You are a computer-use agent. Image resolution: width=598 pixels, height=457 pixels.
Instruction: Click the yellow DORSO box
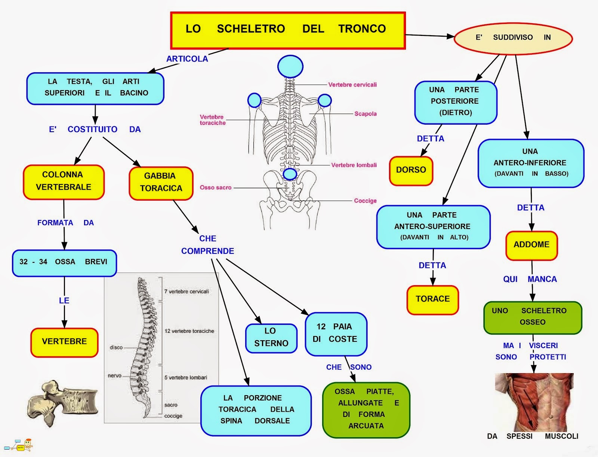[411, 171]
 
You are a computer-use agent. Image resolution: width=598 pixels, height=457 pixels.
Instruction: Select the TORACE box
[432, 299]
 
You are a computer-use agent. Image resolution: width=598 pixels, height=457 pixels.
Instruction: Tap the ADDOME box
[531, 245]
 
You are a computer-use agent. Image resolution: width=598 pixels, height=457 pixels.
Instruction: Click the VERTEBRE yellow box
[64, 342]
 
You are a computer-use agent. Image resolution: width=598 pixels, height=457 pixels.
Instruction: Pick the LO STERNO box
[271, 338]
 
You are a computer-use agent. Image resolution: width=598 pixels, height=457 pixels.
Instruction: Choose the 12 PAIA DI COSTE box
[336, 333]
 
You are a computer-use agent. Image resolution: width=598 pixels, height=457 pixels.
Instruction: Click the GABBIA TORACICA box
[161, 183]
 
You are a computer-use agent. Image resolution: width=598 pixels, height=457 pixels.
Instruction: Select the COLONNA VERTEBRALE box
[64, 182]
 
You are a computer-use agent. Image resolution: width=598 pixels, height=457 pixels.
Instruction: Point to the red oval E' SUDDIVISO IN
[513, 38]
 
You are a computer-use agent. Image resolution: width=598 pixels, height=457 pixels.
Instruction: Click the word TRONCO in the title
[362, 29]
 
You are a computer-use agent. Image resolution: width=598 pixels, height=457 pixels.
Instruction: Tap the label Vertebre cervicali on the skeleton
[352, 85]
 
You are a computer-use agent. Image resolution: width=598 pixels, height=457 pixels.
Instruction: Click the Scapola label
[365, 114]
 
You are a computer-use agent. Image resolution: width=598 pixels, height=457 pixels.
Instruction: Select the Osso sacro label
[215, 188]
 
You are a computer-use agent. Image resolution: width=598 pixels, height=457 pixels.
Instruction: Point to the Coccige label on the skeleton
[365, 201]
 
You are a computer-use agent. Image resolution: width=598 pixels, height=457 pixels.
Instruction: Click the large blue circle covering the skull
[290, 67]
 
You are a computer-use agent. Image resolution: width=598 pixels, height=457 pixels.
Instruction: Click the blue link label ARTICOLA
[187, 59]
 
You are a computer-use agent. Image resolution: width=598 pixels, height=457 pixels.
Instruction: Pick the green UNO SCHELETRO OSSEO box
[532, 317]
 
